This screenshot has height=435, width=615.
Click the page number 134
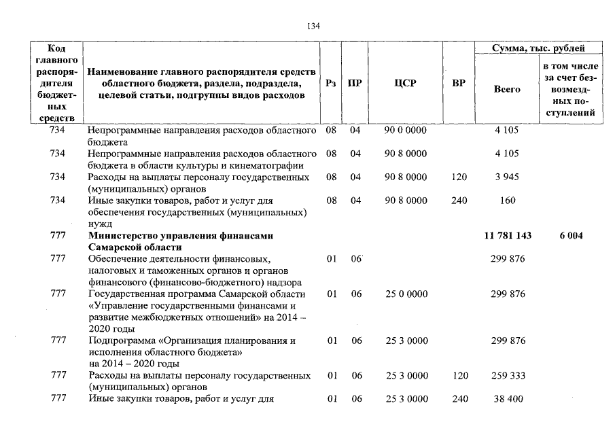coord(313,26)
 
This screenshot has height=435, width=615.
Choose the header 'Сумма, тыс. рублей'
coord(539,48)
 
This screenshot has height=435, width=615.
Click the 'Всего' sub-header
coord(507,89)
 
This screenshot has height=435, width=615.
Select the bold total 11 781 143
coord(508,236)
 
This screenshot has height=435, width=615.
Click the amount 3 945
coord(507,177)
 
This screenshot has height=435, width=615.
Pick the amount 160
coord(507,201)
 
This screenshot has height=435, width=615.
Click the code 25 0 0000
coord(406,294)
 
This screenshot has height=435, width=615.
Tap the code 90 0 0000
coord(406,130)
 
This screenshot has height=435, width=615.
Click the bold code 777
coord(58,236)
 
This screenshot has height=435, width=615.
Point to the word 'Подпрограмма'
coord(122,341)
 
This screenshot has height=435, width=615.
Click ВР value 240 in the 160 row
coord(459,201)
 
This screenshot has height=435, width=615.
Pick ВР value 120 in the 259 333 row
coord(459,375)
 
